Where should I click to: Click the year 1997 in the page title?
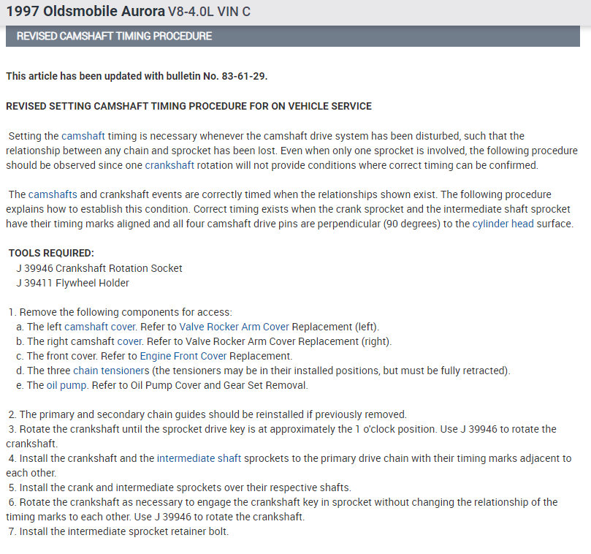pos(21,12)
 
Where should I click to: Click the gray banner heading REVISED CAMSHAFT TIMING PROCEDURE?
pos(115,36)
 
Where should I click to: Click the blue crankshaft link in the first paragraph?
pos(169,165)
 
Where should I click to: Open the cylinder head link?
pos(503,224)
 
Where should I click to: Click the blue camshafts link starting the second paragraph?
pos(50,194)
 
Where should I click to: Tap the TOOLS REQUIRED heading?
pos(51,254)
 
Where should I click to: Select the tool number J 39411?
pos(34,283)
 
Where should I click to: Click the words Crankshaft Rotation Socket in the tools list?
pos(119,268)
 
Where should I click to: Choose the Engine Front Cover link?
pos(183,356)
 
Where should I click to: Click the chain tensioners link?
pos(101,371)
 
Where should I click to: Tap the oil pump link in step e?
pos(67,385)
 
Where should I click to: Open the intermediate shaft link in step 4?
pos(194,458)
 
